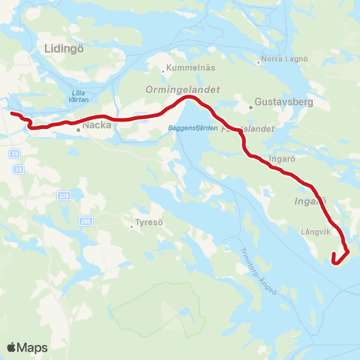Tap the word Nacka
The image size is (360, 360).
pos(97,126)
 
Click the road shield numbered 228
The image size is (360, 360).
pos(65,196)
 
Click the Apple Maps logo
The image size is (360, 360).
pos(27,347)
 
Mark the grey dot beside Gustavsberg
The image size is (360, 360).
pos(251,106)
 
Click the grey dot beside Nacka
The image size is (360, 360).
pos(78,128)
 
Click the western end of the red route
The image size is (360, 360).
pos(11,113)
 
